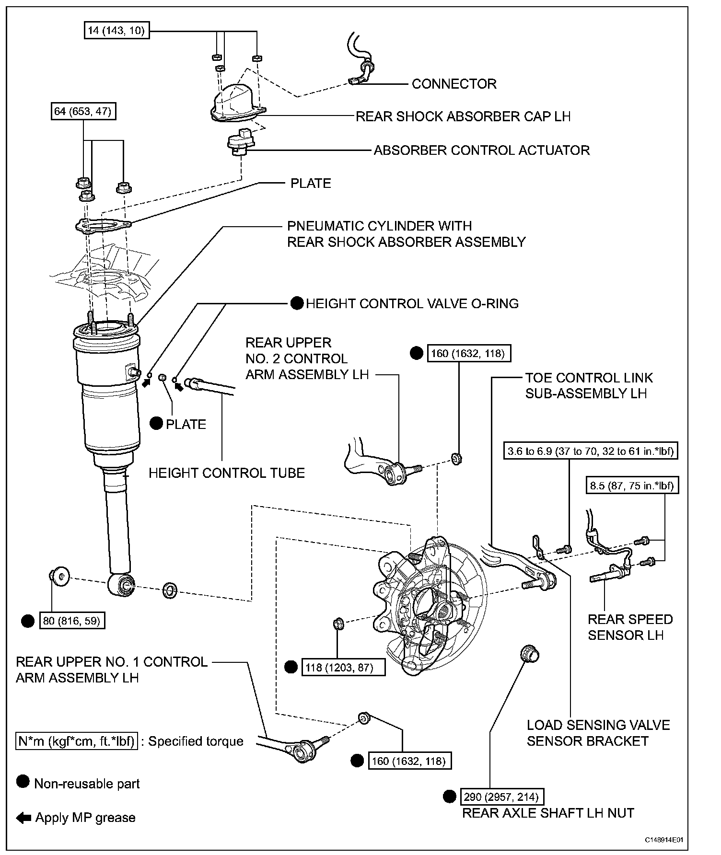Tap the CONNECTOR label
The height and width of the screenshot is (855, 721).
click(x=454, y=84)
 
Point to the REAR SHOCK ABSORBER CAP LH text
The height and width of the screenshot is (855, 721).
click(x=463, y=116)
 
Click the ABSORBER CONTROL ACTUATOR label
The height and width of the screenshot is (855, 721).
click(x=481, y=150)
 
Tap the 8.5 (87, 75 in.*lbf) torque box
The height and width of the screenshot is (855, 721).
click(x=631, y=486)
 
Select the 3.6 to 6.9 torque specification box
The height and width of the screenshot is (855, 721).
click(x=591, y=451)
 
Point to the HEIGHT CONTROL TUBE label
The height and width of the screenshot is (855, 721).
click(x=227, y=473)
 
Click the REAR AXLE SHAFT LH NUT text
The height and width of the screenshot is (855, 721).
click(x=548, y=813)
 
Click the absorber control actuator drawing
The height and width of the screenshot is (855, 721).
click(x=242, y=140)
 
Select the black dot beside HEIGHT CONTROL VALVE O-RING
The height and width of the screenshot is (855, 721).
click(x=297, y=303)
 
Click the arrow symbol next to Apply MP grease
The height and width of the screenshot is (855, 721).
click(x=23, y=818)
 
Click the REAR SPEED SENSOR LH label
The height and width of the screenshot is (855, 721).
click(x=630, y=627)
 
